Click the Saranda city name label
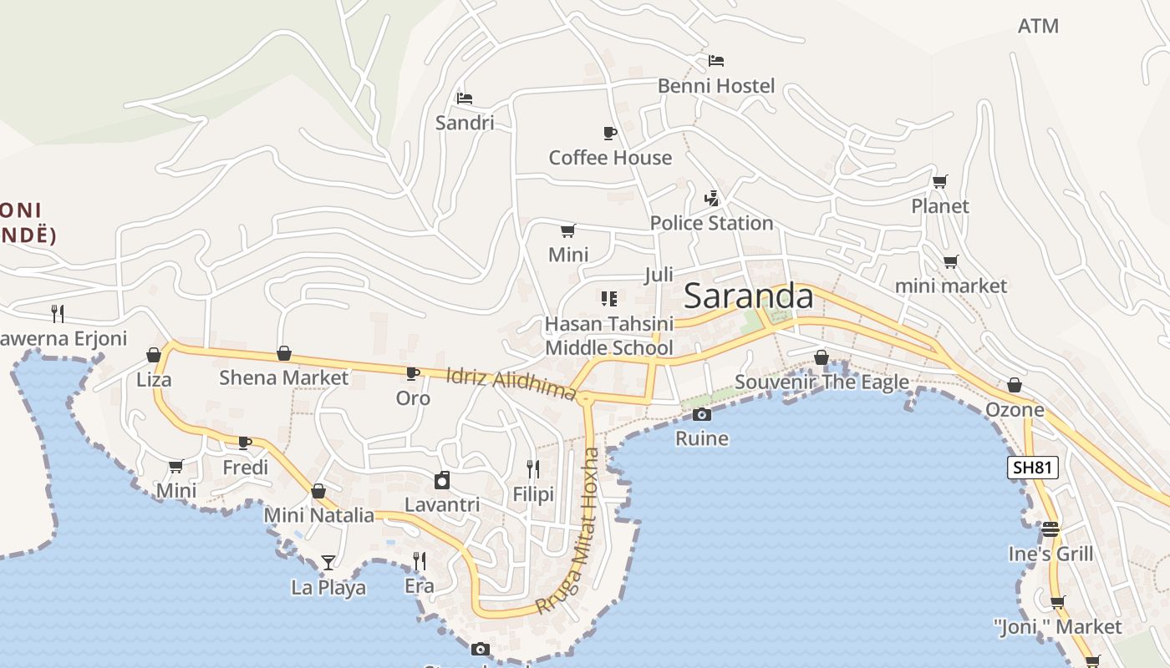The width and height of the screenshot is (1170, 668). point(748,296)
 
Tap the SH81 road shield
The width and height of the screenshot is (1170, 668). point(1032,468)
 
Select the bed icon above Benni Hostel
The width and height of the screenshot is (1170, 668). point(716,61)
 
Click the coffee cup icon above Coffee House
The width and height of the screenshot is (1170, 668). point(610,133)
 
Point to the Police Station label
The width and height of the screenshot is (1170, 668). point(711,223)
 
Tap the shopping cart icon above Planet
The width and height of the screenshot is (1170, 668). point(940,181)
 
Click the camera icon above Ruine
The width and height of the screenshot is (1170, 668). point(702,414)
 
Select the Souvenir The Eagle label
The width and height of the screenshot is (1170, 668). point(822,382)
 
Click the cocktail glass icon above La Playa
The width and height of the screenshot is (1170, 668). point(328,562)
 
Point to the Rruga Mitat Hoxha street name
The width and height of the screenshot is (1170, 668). point(580,531)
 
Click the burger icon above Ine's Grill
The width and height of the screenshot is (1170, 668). point(1050,529)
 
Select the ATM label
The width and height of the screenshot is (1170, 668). point(1038,26)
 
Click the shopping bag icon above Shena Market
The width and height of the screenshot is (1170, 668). point(284,354)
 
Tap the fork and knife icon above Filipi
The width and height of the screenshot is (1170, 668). point(533,469)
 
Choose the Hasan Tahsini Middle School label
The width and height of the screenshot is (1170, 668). point(608,336)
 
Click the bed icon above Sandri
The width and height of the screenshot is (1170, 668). point(465,99)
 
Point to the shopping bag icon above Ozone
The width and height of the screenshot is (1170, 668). point(1015,385)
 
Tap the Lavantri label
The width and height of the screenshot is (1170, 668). point(442,504)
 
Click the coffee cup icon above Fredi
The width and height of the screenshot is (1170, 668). point(245,443)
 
